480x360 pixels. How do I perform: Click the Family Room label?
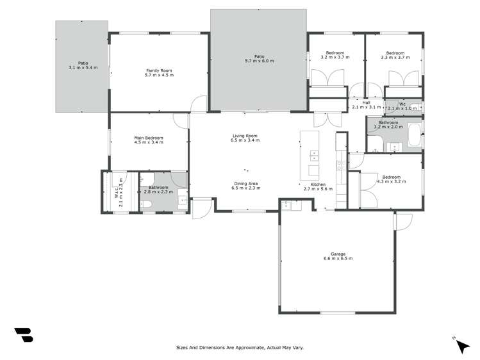(x=159, y=70)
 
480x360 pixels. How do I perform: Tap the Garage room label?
(x=338, y=254)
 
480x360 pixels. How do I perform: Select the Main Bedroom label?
(x=148, y=138)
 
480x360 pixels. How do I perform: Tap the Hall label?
(x=366, y=102)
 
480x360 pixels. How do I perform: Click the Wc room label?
(x=402, y=104)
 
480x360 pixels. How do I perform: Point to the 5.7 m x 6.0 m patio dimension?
(x=259, y=61)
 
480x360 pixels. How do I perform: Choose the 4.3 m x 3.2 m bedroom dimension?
(x=391, y=182)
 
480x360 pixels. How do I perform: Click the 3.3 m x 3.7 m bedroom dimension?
(x=395, y=58)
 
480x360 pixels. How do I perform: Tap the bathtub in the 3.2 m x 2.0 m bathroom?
(x=415, y=136)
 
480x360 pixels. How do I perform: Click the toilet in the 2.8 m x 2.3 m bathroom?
(x=146, y=204)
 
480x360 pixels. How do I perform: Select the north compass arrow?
(x=462, y=347)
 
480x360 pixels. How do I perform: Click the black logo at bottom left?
(x=24, y=335)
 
